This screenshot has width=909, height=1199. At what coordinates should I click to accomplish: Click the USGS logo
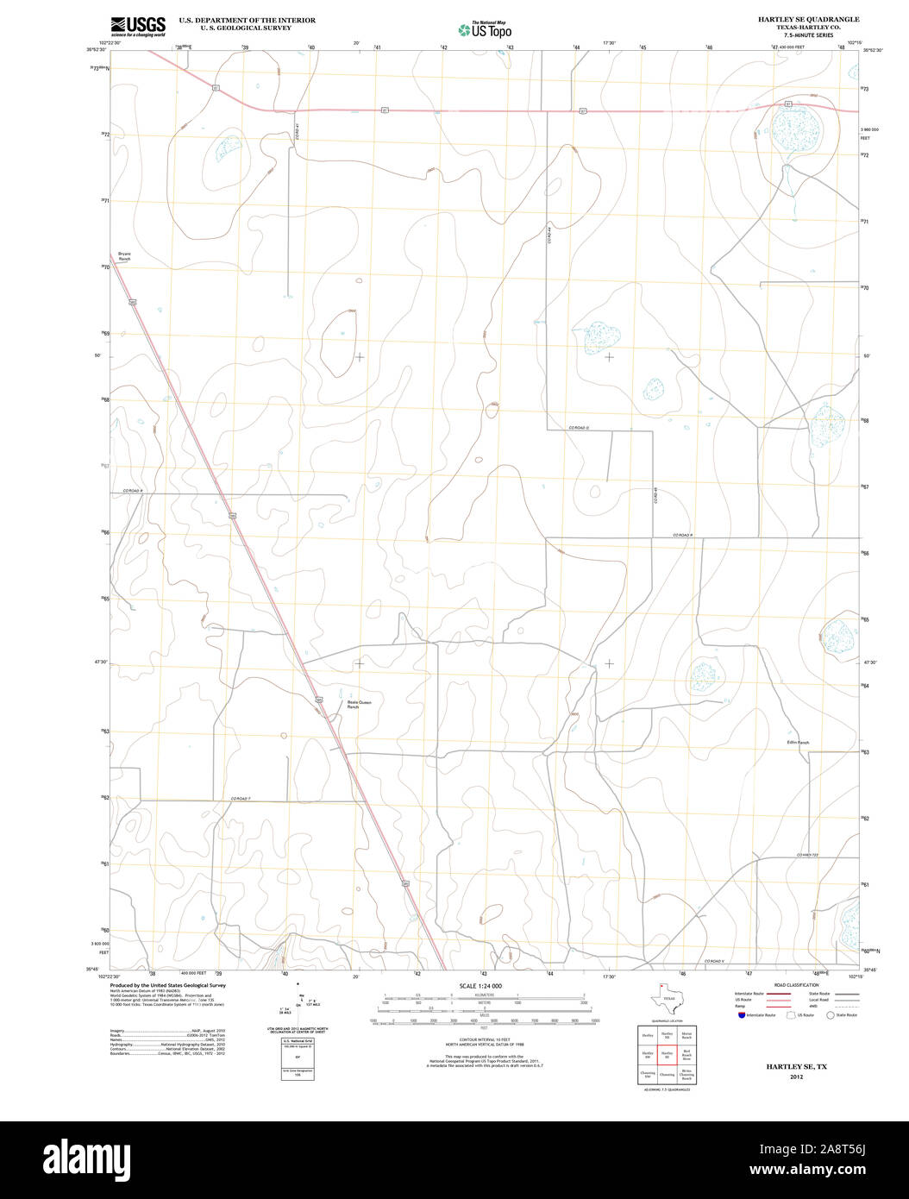[x=138, y=26]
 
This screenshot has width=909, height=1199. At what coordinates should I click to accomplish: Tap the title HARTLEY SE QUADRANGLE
[x=808, y=18]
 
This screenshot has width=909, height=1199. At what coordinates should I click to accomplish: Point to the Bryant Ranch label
[x=124, y=256]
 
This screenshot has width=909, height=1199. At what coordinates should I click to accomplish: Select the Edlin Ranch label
[x=798, y=742]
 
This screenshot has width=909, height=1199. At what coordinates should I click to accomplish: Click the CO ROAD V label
[x=716, y=961]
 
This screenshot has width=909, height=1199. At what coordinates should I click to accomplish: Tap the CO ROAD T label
[x=245, y=798]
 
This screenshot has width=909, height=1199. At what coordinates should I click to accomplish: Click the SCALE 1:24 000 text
[x=480, y=986]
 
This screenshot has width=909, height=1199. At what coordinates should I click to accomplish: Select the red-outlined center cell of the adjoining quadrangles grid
[x=667, y=1053]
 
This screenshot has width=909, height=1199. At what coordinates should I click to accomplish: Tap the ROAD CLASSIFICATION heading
[x=796, y=985]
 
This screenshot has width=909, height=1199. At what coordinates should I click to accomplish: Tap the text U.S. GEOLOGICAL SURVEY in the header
[x=246, y=28]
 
